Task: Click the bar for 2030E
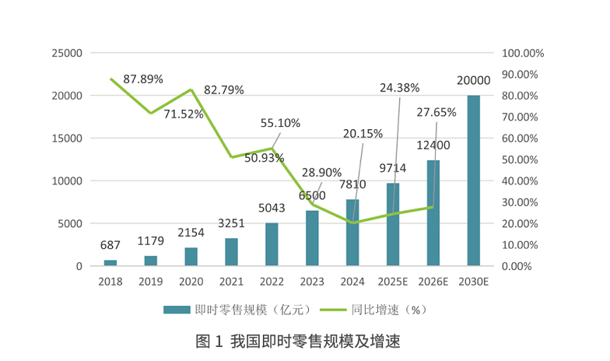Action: click(x=473, y=180)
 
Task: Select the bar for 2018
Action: click(x=110, y=263)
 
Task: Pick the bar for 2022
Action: click(x=272, y=244)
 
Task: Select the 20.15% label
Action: click(x=363, y=133)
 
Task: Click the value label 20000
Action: click(x=473, y=80)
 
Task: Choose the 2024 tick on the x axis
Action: click(x=352, y=281)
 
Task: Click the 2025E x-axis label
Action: click(x=392, y=281)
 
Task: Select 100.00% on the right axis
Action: click(x=523, y=53)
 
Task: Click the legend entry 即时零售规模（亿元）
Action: click(x=237, y=309)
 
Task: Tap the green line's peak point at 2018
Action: click(x=110, y=79)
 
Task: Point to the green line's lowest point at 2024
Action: click(x=352, y=223)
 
